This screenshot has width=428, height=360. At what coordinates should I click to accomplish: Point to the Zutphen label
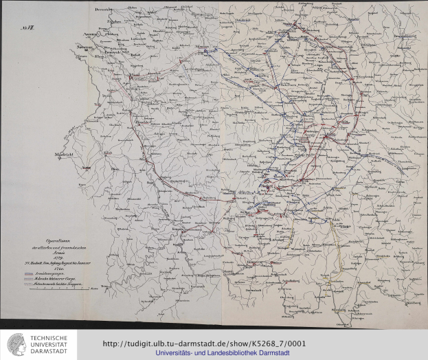tap(95, 22)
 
